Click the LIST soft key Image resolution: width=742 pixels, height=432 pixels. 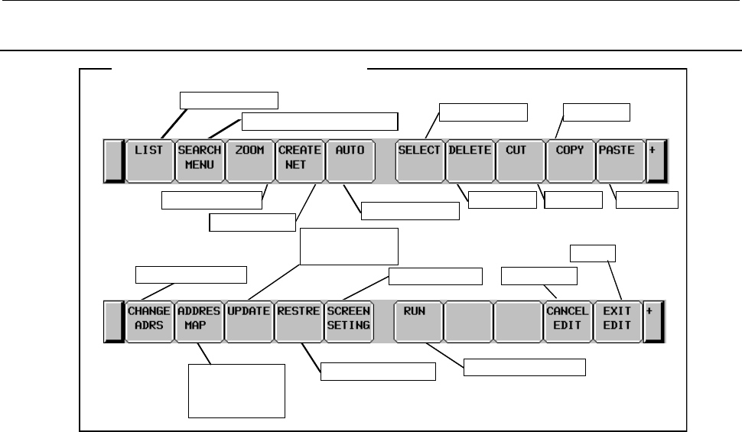click(x=149, y=160)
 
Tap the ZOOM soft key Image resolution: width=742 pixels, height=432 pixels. click(x=249, y=160)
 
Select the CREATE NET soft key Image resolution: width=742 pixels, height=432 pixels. click(x=299, y=160)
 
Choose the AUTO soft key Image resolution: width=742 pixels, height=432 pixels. click(x=350, y=160)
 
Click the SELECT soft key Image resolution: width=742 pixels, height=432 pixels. click(x=419, y=160)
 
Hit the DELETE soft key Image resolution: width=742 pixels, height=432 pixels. click(x=469, y=160)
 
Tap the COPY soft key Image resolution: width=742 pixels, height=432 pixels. click(x=569, y=160)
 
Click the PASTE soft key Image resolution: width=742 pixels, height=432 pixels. click(x=618, y=160)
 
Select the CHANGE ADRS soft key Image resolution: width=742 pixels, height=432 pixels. click(x=149, y=320)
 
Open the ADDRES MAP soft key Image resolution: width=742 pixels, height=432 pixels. click(x=199, y=320)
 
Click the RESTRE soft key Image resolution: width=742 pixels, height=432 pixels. click(x=299, y=320)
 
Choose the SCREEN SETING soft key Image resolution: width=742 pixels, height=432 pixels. click(x=349, y=320)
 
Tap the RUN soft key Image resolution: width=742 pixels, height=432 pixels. click(x=418, y=320)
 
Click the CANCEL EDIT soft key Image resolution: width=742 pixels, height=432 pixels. click(x=568, y=320)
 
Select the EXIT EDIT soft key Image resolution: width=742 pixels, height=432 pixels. click(x=617, y=320)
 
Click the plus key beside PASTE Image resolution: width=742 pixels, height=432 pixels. click(x=656, y=161)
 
